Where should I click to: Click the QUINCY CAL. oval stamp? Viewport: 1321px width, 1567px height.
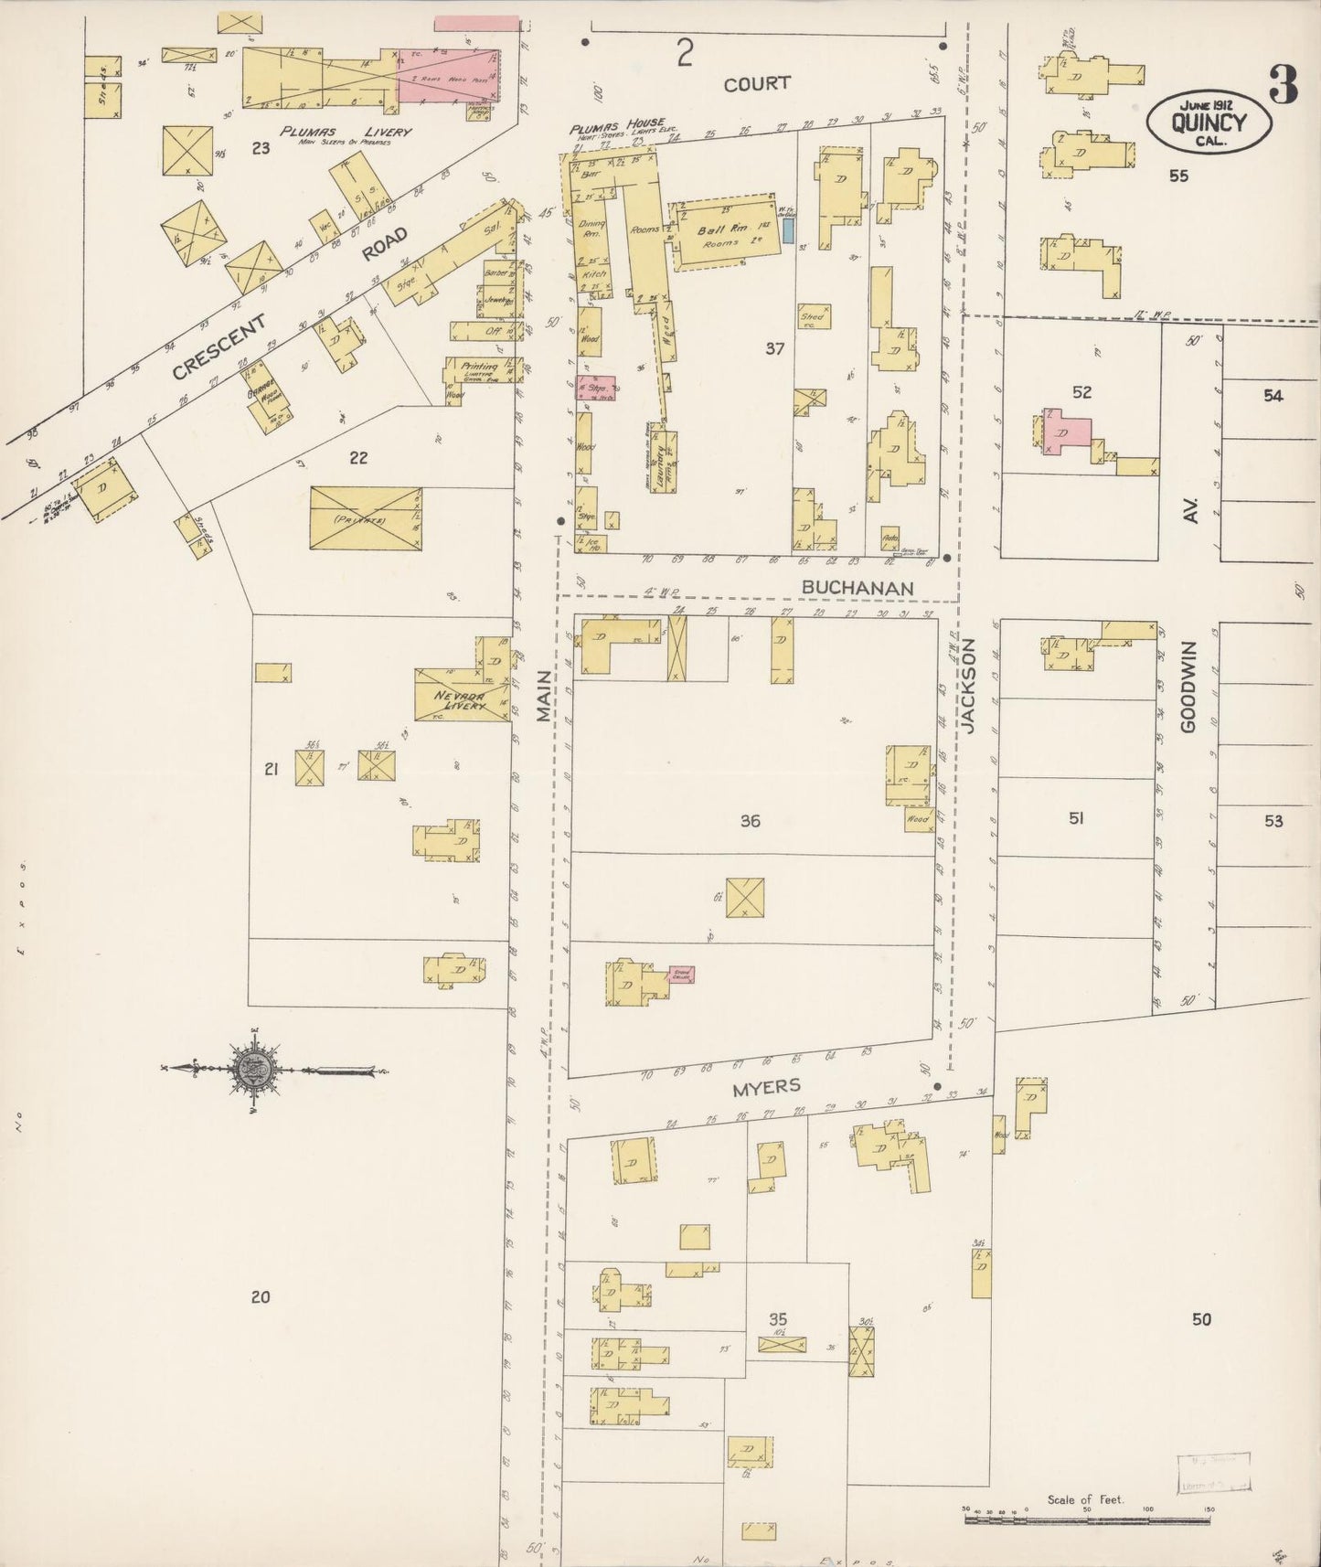(1209, 122)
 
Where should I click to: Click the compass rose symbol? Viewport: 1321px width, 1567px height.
(253, 1068)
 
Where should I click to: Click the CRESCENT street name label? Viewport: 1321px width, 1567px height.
(220, 346)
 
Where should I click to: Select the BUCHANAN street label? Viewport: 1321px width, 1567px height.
(858, 587)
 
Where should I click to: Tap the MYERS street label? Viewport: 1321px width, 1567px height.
(766, 1085)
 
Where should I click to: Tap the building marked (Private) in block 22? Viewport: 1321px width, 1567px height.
(365, 518)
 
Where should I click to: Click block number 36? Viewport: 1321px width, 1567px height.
(750, 821)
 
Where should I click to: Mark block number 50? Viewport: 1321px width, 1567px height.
(1201, 1318)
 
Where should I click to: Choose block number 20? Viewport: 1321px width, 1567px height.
(261, 1295)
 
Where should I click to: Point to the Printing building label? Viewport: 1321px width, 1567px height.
(479, 366)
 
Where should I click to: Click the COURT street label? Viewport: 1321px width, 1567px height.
(756, 83)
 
